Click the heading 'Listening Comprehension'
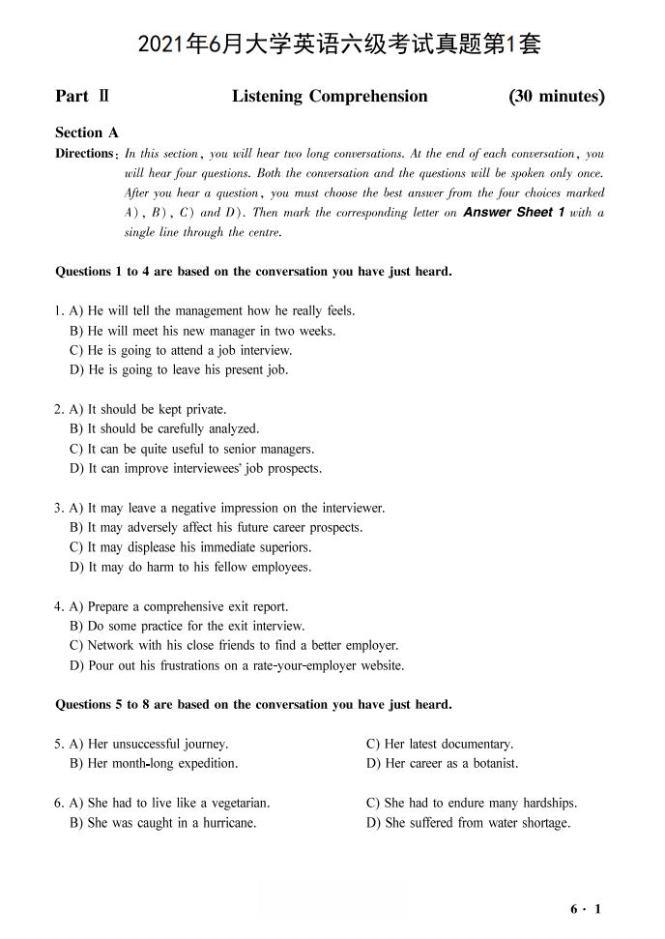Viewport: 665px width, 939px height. click(330, 96)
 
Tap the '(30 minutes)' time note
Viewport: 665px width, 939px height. click(556, 96)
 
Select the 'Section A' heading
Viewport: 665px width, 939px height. click(87, 133)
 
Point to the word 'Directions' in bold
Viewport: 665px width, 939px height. click(85, 154)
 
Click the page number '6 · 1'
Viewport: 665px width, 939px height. click(586, 909)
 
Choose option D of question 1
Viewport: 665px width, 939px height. click(179, 369)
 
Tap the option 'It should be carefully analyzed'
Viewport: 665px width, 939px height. click(164, 428)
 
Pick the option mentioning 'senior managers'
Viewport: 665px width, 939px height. click(191, 449)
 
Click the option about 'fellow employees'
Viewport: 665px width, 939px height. click(190, 567)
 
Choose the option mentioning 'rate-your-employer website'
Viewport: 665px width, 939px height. click(237, 665)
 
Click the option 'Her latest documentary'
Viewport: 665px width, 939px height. click(440, 744)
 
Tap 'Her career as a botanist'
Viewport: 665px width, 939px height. click(442, 763)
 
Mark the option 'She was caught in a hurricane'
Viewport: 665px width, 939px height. click(162, 823)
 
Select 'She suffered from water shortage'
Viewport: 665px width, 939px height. click(468, 823)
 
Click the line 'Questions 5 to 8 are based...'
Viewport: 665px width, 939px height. click(253, 704)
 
